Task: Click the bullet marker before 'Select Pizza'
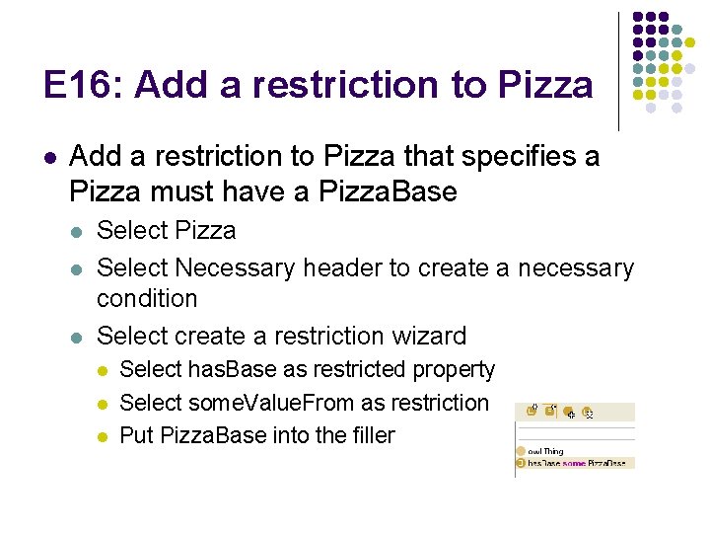(76, 231)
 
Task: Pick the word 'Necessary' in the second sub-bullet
(234, 267)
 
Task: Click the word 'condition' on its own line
(147, 298)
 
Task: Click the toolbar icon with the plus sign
(571, 412)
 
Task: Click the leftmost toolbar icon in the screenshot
(532, 411)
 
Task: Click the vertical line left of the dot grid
(619, 71)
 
